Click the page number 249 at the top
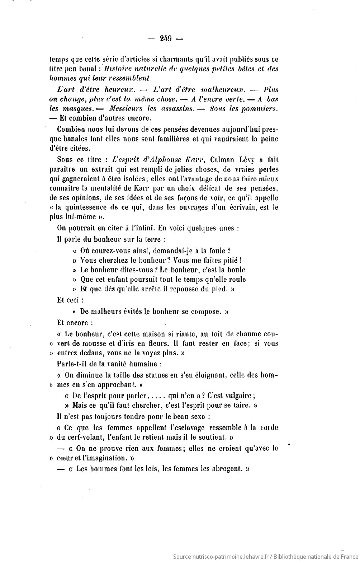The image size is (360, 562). point(166,39)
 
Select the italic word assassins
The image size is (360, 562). point(178,108)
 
